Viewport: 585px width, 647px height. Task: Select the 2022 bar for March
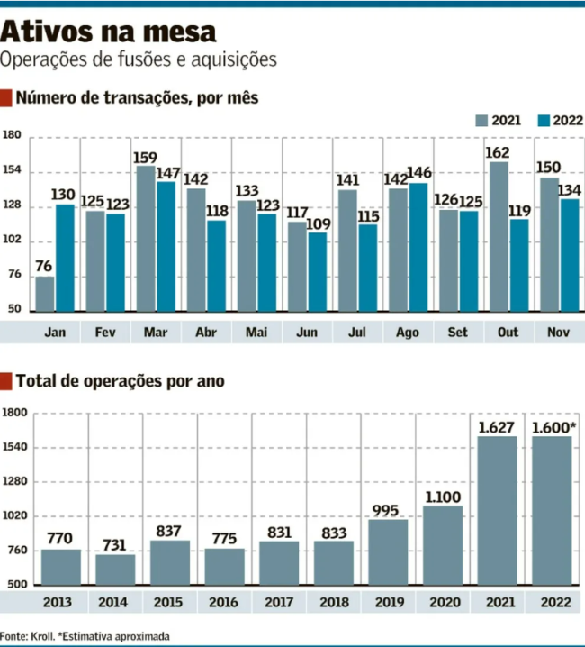tap(166, 246)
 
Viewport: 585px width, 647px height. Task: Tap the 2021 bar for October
tap(499, 236)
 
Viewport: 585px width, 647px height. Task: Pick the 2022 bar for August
tap(418, 247)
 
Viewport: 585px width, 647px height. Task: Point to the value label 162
tap(499, 152)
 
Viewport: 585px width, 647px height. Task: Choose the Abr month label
tap(206, 333)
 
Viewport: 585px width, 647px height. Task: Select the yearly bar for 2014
tap(115, 570)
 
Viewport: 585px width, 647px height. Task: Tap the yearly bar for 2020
tap(443, 545)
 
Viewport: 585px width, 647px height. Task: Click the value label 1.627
tap(498, 426)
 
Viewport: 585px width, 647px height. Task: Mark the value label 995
tap(388, 510)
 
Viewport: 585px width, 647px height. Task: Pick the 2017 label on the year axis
tap(279, 602)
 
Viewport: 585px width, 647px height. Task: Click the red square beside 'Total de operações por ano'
tap(6, 381)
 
